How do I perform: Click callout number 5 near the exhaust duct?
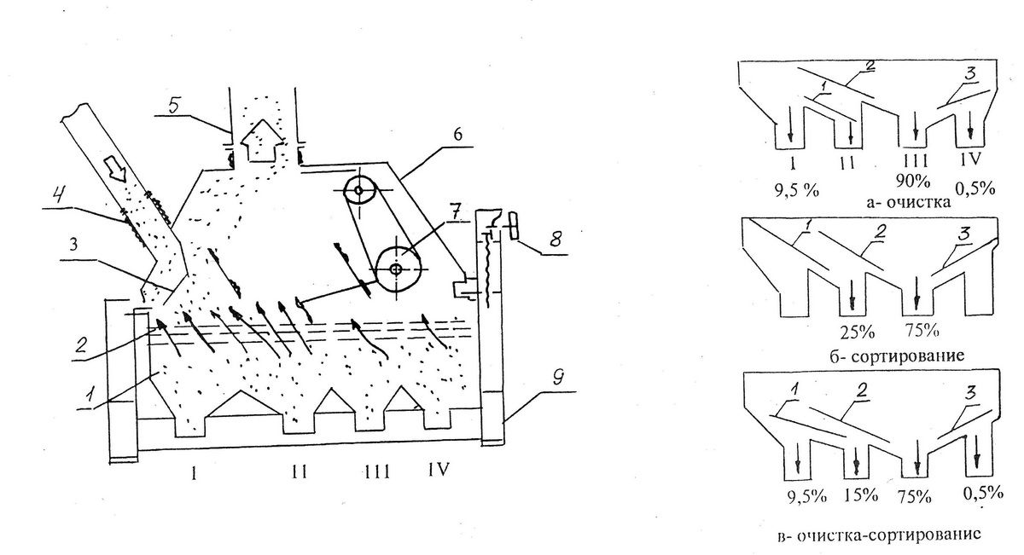173,106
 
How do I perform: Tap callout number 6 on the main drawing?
457,134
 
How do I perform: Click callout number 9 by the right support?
558,379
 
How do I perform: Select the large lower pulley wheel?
398,270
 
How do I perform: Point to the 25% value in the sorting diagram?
857,332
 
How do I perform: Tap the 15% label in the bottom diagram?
861,495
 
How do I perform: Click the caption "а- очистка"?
908,201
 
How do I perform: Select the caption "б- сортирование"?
897,356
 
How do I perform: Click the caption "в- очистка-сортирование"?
879,535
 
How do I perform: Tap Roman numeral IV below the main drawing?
438,470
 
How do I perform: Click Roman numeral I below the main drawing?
194,473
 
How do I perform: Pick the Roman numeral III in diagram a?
915,161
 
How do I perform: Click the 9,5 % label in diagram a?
796,189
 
